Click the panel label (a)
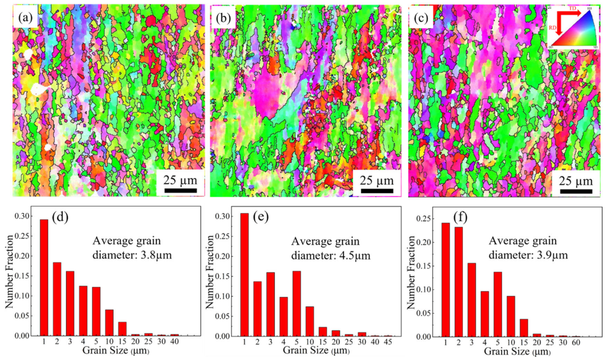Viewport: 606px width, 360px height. [x=25, y=17]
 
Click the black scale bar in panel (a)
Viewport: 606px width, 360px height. [x=180, y=191]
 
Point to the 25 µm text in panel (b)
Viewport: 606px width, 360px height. [x=377, y=180]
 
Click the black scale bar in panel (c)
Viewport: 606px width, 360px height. [x=576, y=191]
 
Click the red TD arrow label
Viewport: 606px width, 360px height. [x=572, y=9]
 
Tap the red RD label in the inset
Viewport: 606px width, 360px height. [x=552, y=28]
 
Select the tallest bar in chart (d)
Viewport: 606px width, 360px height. [x=44, y=277]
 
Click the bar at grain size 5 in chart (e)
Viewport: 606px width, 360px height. [x=296, y=303]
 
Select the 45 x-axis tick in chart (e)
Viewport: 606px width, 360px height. [x=388, y=342]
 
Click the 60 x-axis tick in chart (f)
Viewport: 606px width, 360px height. [x=576, y=343]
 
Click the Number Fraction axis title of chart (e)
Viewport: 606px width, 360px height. [x=210, y=272]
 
